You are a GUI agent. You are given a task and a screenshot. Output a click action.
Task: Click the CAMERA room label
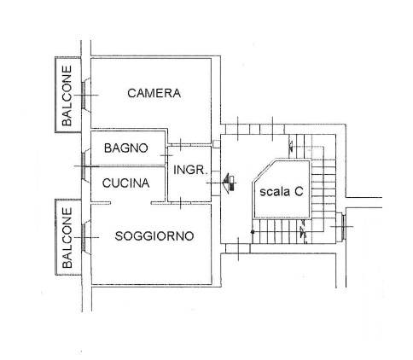coord(154,93)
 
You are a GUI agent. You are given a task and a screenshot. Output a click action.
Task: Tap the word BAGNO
coord(126,148)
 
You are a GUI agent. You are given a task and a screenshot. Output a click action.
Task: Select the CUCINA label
coord(125,183)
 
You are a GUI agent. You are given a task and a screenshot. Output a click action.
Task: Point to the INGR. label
coord(190,170)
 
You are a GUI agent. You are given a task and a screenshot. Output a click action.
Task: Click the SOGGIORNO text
coord(154,236)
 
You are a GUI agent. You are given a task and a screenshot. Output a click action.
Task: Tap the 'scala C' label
coord(282,191)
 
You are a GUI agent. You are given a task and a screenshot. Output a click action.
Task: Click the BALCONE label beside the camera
coord(67,96)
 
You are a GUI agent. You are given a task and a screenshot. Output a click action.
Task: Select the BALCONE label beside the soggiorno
coord(67,237)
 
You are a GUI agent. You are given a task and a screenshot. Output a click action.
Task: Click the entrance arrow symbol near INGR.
coord(229,183)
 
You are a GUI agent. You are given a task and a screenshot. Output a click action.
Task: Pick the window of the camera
coord(84,96)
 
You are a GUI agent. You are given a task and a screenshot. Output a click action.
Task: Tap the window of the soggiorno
coord(84,237)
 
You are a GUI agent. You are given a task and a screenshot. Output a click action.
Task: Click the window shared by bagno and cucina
coord(84,166)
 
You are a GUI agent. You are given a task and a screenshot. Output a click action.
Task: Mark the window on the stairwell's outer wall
coord(343,227)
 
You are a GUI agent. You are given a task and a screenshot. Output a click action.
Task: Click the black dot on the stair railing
coord(253,232)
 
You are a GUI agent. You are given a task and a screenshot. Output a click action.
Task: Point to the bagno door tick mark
coord(166,155)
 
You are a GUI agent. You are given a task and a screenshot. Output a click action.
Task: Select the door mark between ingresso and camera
coord(180,144)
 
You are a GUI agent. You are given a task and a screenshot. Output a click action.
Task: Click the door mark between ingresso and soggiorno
coord(181,203)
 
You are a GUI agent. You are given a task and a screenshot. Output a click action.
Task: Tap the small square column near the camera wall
coord(216,144)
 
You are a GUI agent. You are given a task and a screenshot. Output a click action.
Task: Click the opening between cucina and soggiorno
coord(131,203)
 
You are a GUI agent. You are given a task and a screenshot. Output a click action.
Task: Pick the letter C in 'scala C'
coord(299,191)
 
